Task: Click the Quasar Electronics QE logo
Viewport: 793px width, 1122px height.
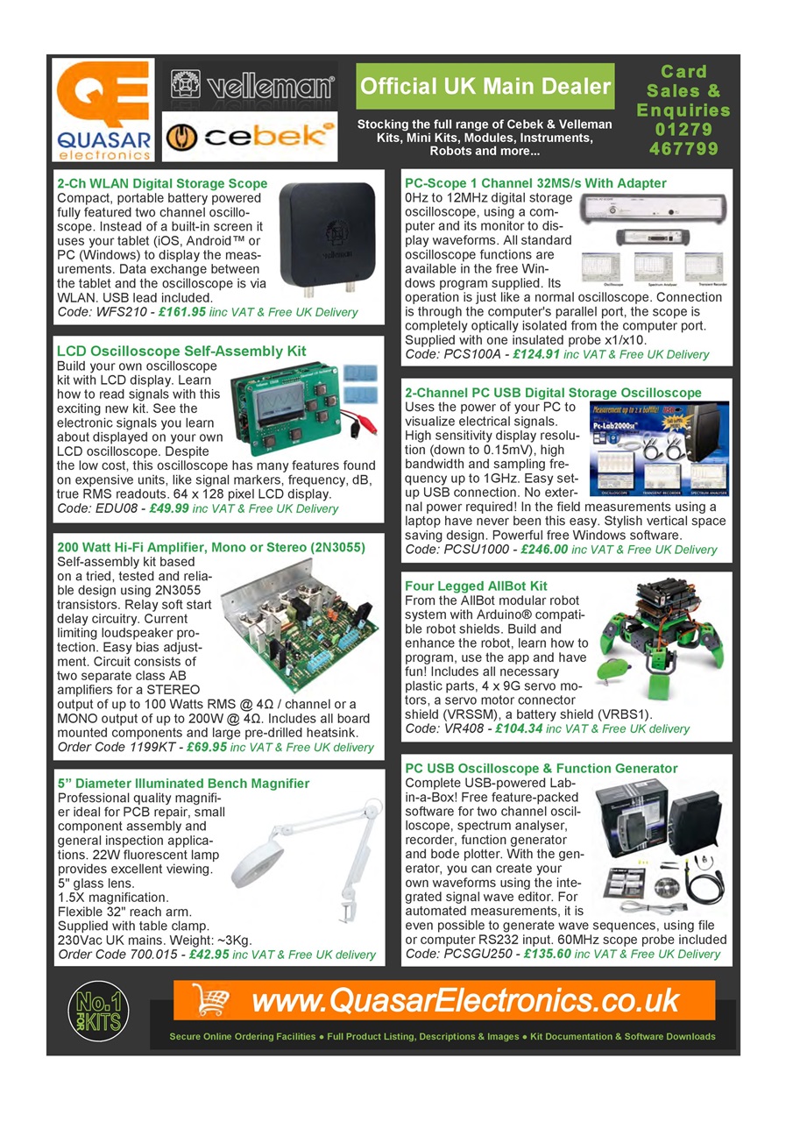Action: coord(103,109)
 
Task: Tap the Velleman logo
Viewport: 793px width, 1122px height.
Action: coord(252,87)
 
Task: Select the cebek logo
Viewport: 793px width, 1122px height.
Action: coord(252,137)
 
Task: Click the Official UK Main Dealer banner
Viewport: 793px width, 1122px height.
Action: coord(485,86)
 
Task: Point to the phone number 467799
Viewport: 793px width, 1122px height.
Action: coord(683,148)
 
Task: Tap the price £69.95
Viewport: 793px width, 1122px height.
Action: coord(201,748)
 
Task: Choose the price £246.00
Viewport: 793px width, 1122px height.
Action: coord(543,550)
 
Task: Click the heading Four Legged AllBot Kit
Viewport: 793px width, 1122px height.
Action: coord(476,586)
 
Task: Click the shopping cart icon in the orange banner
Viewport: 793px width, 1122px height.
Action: coord(209,999)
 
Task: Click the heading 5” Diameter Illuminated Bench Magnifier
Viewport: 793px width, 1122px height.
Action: coord(183,783)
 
